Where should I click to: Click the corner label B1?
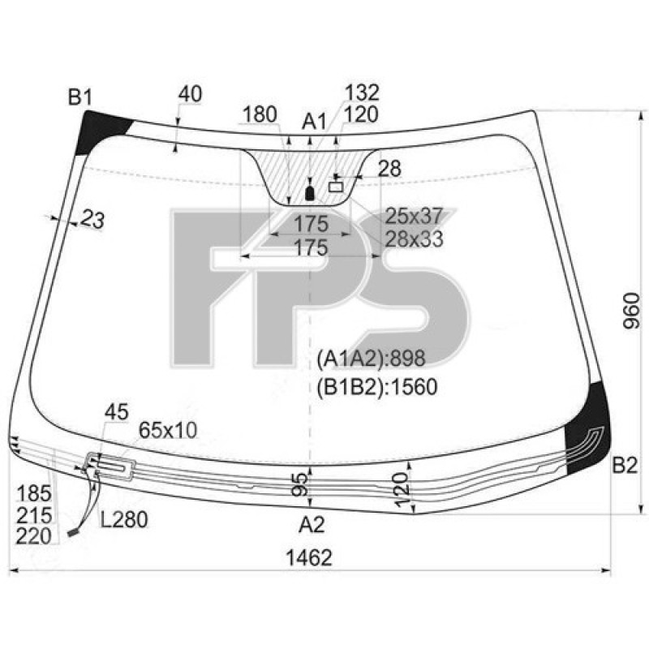pos(80,98)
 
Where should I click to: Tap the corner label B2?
pos(625,466)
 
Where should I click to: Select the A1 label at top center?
pos(314,122)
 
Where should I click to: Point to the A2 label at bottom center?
pos(312,525)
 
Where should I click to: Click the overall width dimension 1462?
pos(309,557)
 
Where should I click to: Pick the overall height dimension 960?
pos(632,311)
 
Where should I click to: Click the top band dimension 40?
pos(191,94)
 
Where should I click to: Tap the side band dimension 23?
pos(92,219)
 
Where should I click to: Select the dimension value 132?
pos(362,92)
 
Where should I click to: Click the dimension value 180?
pos(260,114)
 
